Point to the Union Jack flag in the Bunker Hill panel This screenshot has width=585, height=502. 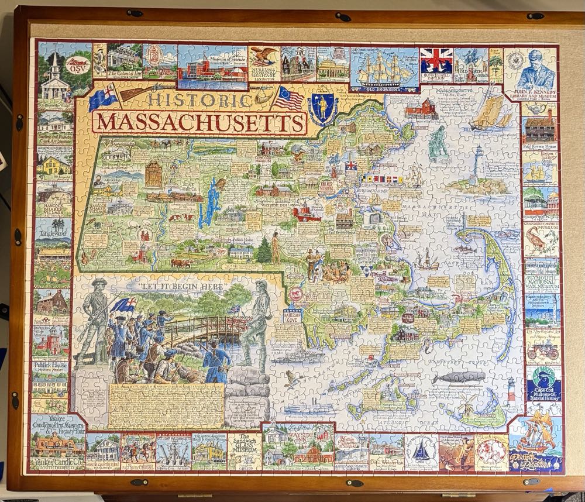[436, 60]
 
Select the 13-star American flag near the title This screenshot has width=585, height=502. [288, 99]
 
